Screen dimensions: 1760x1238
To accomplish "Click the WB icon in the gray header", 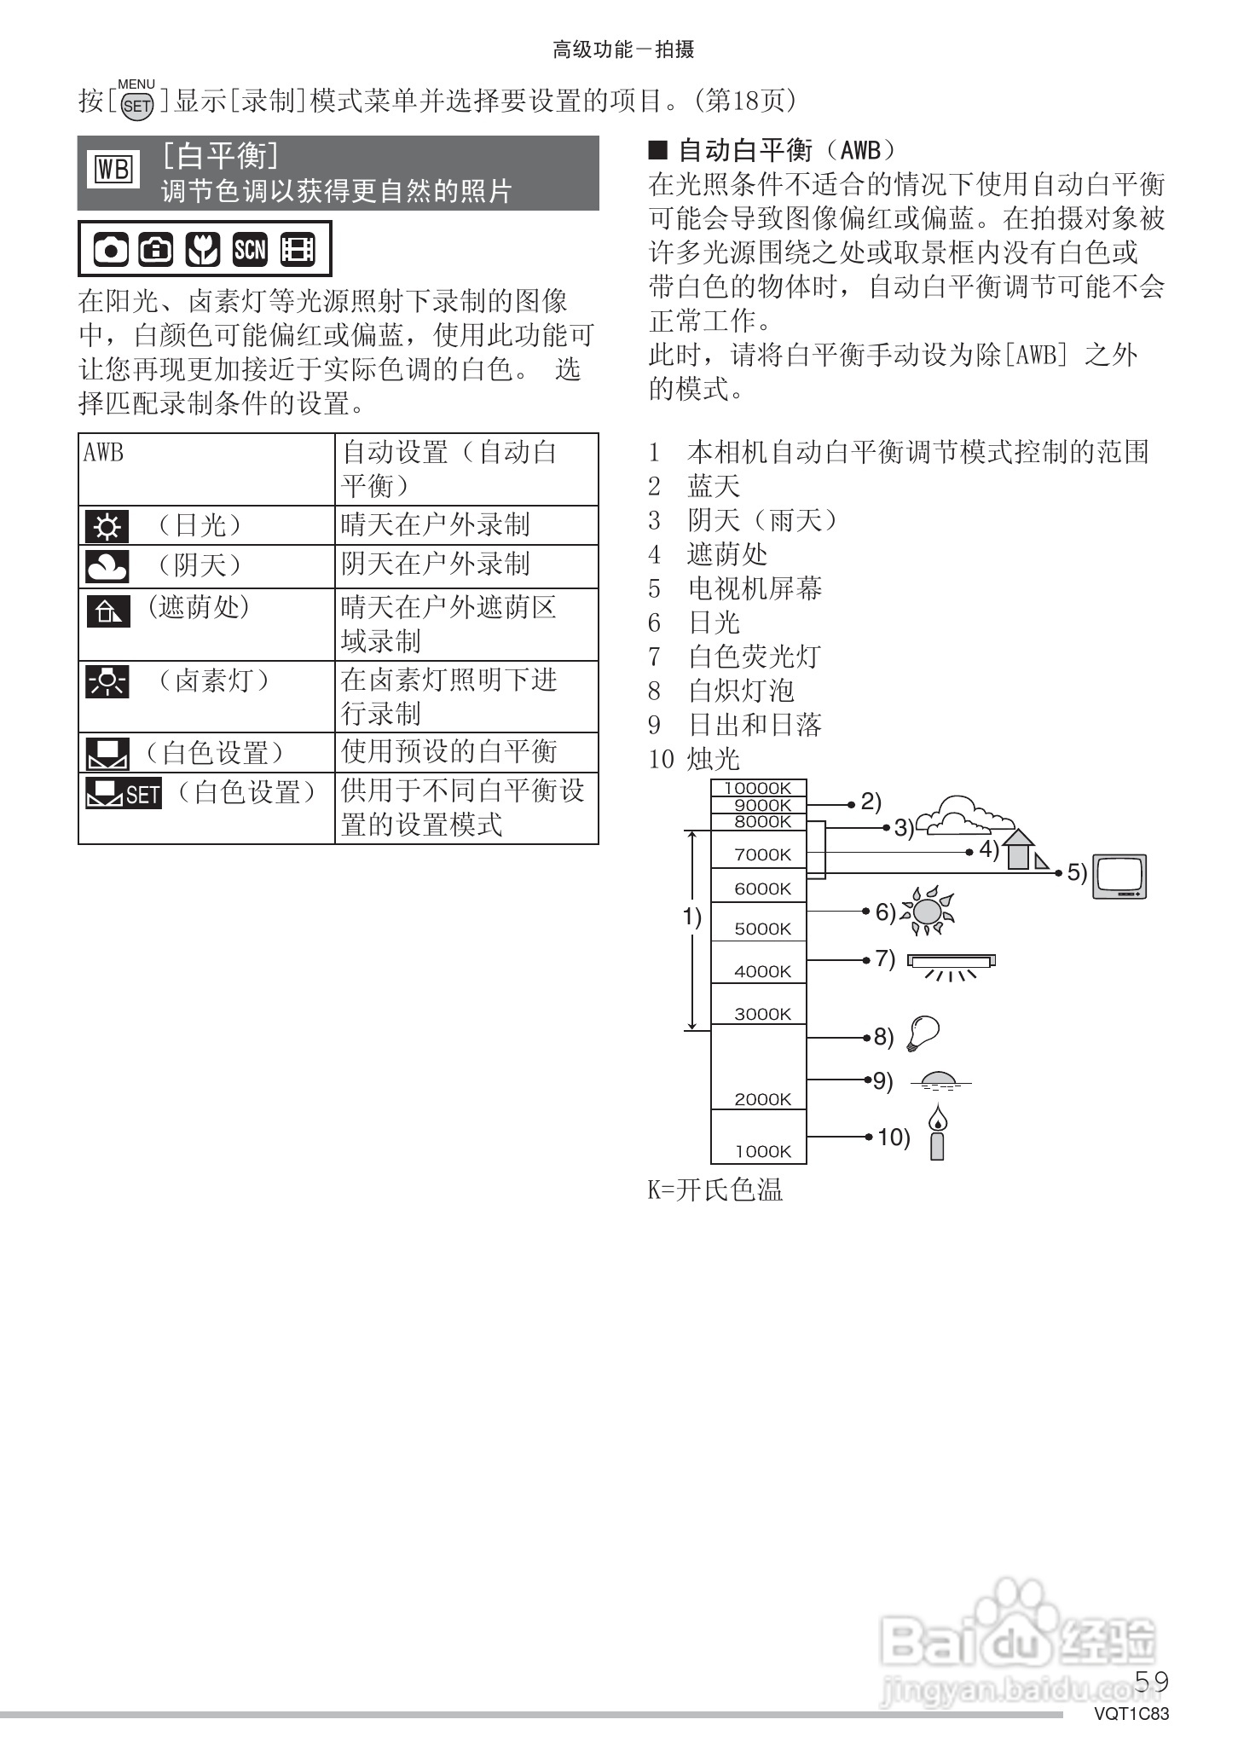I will (113, 171).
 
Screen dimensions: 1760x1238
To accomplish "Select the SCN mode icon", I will (249, 249).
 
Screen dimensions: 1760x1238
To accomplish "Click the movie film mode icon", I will (297, 249).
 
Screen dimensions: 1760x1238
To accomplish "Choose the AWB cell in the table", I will (206, 468).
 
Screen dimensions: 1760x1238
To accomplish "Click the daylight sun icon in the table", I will (107, 526).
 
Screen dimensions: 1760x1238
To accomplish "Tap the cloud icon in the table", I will (107, 566).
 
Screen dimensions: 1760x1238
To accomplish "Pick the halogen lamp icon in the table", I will (107, 682).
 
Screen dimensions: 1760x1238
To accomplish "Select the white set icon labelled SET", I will (123, 793).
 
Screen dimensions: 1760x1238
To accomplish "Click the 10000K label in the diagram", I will (758, 789).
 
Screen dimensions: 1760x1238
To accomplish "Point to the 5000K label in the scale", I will (762, 929).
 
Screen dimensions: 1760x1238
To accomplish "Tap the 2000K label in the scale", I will (762, 1099).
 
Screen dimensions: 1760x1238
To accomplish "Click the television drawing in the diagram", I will (1120, 877).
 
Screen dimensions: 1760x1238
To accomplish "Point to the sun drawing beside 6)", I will (927, 911).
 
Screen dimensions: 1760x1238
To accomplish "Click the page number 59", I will (1151, 1681).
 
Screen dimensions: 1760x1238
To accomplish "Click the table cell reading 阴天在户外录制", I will (436, 564).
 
